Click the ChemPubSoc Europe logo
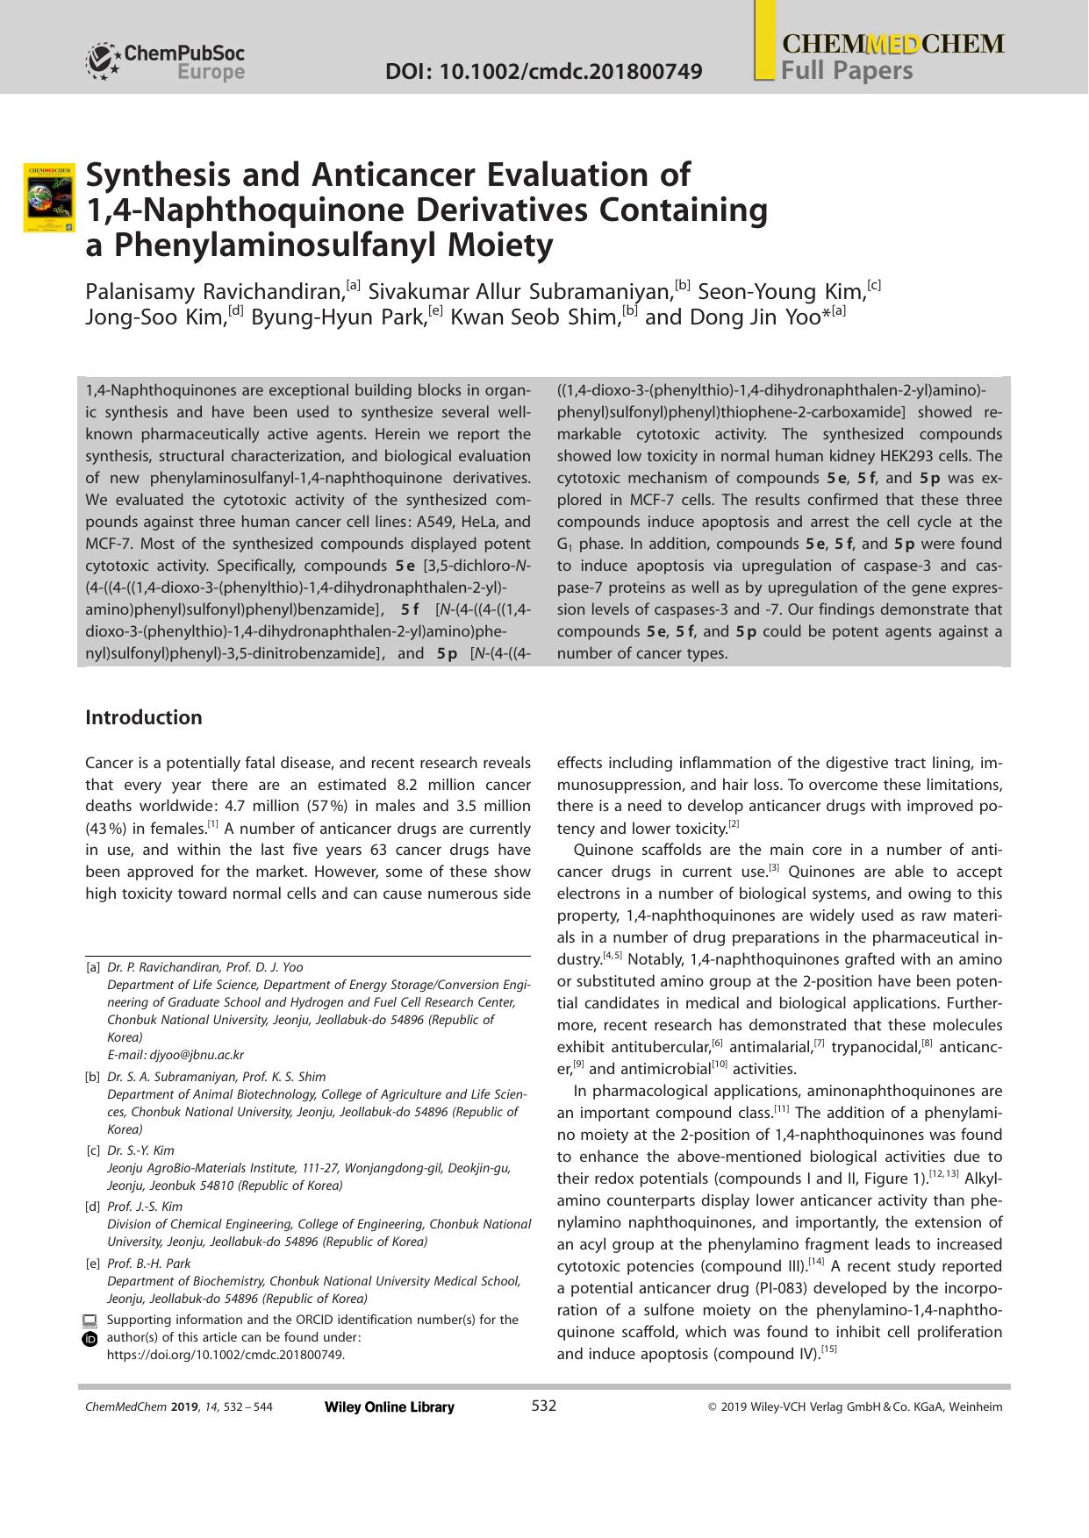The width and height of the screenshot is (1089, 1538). coord(165,62)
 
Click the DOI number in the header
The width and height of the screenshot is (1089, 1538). coord(543,71)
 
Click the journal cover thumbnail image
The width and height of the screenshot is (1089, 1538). coord(49,197)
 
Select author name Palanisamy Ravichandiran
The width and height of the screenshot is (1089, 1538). coord(214,291)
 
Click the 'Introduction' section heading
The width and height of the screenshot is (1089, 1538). coord(144,717)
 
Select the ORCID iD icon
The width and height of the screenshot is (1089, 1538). coord(90,1339)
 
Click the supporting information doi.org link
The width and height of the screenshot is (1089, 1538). coord(226,1355)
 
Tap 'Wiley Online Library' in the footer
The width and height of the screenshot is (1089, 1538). coord(390,1407)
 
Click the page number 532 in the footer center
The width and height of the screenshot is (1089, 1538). coord(544,1406)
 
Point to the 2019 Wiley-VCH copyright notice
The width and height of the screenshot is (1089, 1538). coord(854,1407)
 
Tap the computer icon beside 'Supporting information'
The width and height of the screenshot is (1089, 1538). coord(90,1321)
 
